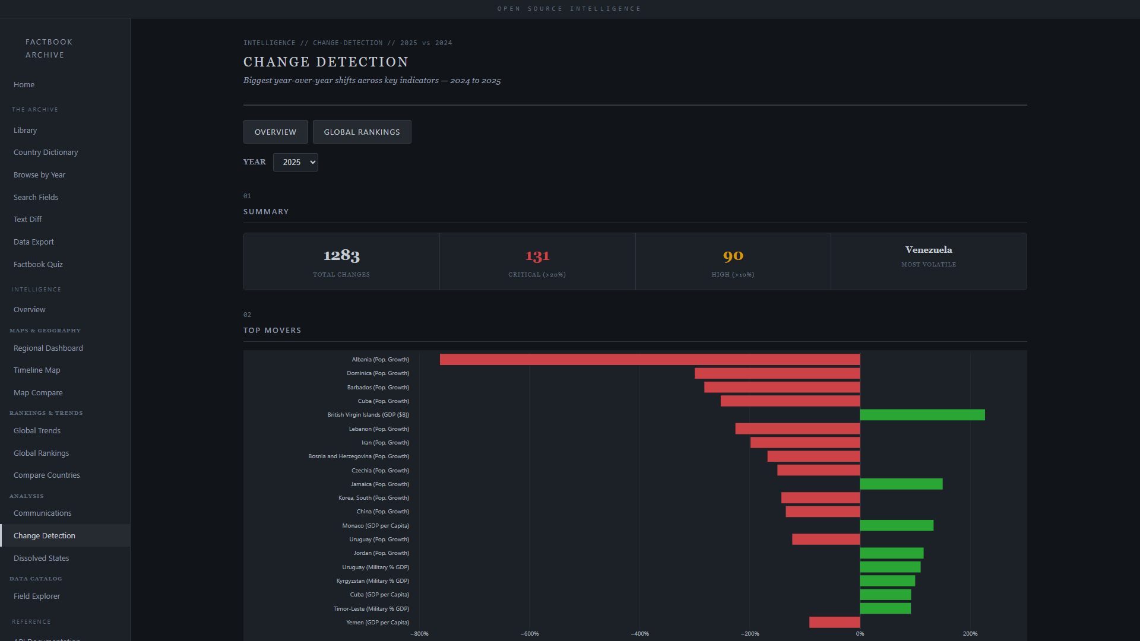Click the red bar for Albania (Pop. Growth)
[650, 359]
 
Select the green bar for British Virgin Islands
[922, 415]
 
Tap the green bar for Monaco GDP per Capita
[897, 525]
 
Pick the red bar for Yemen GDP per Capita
[834, 622]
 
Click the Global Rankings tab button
[362, 132]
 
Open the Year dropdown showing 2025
[296, 162]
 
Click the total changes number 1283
[341, 255]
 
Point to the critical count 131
[537, 256]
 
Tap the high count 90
[733, 256]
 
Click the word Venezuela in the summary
[929, 250]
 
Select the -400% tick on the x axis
[639, 633]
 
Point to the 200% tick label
[970, 633]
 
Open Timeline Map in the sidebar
[37, 370]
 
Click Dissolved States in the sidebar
[42, 558]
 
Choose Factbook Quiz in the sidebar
[38, 264]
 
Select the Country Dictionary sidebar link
[46, 152]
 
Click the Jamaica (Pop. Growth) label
[379, 484]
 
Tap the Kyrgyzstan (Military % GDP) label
[372, 581]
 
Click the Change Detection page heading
[326, 62]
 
